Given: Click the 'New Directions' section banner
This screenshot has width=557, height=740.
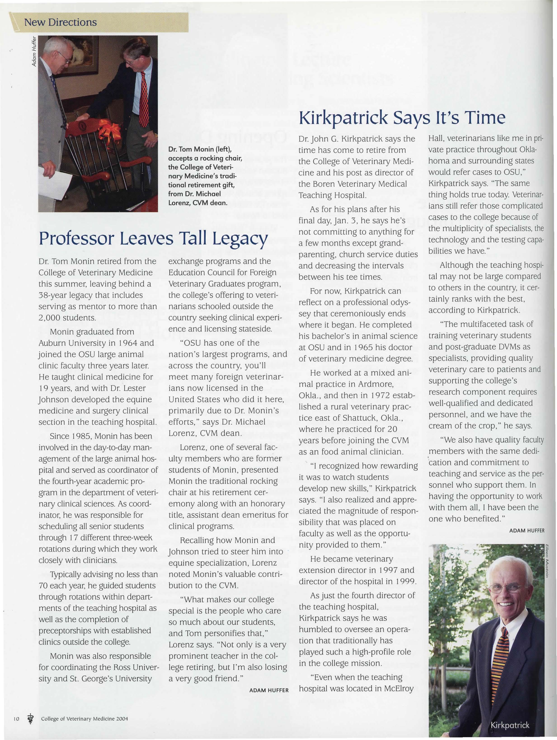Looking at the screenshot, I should (x=60, y=22).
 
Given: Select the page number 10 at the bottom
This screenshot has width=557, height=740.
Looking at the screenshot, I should (x=17, y=719).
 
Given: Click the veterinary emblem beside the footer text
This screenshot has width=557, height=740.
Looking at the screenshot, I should (x=31, y=718).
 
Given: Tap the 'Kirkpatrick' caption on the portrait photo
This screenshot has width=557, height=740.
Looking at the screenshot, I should (x=510, y=725).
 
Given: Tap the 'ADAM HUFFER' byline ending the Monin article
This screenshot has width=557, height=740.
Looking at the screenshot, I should (x=269, y=690).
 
